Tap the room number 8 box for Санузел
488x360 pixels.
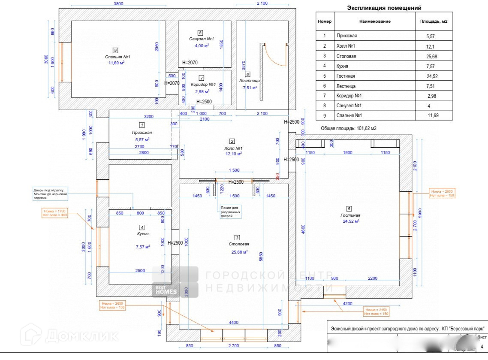click(x=200, y=33)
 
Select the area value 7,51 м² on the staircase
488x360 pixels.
click(x=250, y=88)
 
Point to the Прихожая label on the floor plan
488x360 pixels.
click(x=142, y=133)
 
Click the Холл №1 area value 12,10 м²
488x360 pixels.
click(x=233, y=154)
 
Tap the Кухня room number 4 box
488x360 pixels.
click(x=142, y=227)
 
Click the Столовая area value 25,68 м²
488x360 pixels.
click(x=239, y=252)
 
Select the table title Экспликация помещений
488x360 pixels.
click(x=384, y=8)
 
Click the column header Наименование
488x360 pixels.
click(x=375, y=21)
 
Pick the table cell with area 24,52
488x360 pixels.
click(x=433, y=76)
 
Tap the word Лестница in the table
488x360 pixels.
click(x=346, y=86)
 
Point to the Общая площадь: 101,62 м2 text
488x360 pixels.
click(x=348, y=128)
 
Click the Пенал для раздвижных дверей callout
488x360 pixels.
click(x=231, y=212)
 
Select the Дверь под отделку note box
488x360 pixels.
click(x=51, y=194)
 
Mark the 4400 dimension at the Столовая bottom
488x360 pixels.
click(x=233, y=322)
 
